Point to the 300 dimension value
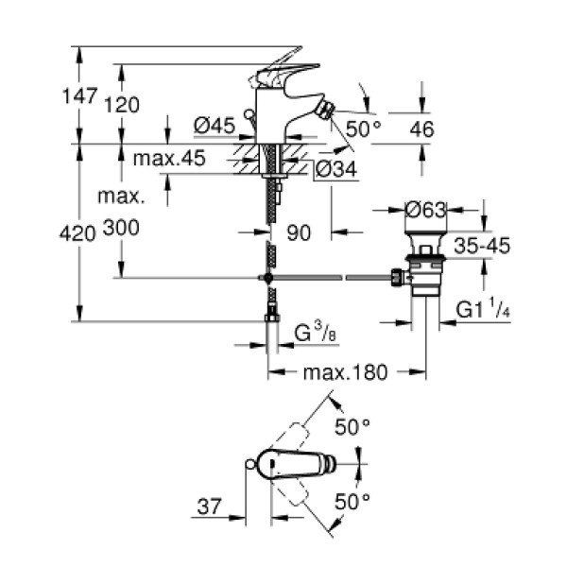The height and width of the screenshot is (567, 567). [136, 230]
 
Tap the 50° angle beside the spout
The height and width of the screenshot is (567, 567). [363, 129]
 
